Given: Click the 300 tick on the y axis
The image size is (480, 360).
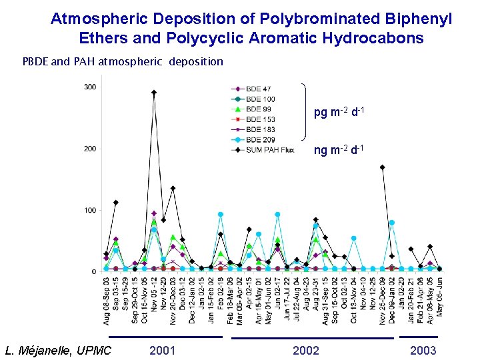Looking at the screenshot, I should tap(90, 87).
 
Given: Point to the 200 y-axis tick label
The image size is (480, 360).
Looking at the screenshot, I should tap(90, 149).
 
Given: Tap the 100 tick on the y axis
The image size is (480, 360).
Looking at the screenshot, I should tap(90, 211).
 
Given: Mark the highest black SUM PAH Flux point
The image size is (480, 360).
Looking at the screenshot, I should tap(154, 93).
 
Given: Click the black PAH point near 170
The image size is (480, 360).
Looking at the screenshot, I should tap(382, 167).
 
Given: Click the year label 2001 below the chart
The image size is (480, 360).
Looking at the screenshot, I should tap(163, 351).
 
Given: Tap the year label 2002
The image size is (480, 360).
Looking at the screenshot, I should tap(306, 351).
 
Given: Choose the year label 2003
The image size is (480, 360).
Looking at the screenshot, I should tap(423, 351).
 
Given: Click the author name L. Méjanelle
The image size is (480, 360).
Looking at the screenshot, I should tap(57, 351).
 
